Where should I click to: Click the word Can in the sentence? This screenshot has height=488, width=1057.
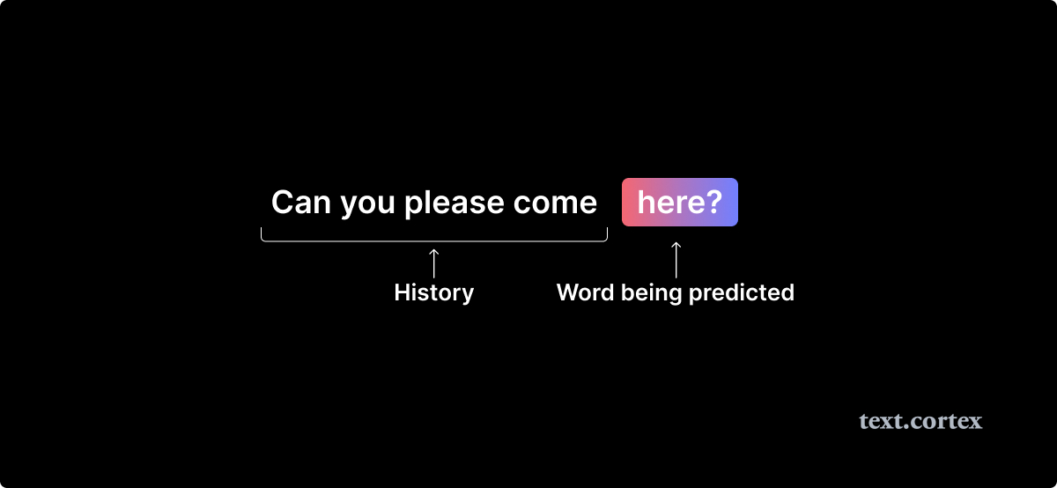click(x=301, y=202)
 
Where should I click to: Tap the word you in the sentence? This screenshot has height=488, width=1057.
click(x=367, y=206)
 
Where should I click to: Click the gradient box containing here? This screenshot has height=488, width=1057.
click(x=679, y=202)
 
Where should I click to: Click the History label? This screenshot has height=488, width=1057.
click(x=434, y=293)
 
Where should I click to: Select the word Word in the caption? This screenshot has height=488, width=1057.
click(x=586, y=292)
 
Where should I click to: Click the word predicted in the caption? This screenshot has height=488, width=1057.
click(x=742, y=293)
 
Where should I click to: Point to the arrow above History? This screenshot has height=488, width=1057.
click(x=433, y=263)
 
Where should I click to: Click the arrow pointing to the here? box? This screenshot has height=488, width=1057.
click(x=676, y=260)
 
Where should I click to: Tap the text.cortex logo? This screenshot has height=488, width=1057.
click(x=920, y=421)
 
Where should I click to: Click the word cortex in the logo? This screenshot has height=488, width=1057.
click(x=950, y=421)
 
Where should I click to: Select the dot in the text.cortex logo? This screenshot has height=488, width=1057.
click(x=914, y=427)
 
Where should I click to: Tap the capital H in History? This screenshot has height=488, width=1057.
click(x=403, y=292)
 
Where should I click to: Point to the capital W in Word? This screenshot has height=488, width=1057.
click(x=570, y=292)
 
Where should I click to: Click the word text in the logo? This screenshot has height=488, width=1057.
click(x=884, y=421)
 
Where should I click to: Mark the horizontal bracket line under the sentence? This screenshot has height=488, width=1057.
click(x=434, y=240)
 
